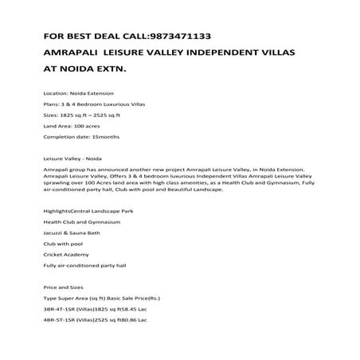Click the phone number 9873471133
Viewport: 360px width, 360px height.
coord(176,36)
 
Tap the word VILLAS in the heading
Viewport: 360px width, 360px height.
coord(271,52)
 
